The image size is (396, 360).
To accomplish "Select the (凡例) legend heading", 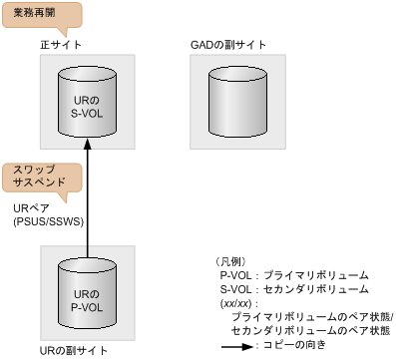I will point(234,260).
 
